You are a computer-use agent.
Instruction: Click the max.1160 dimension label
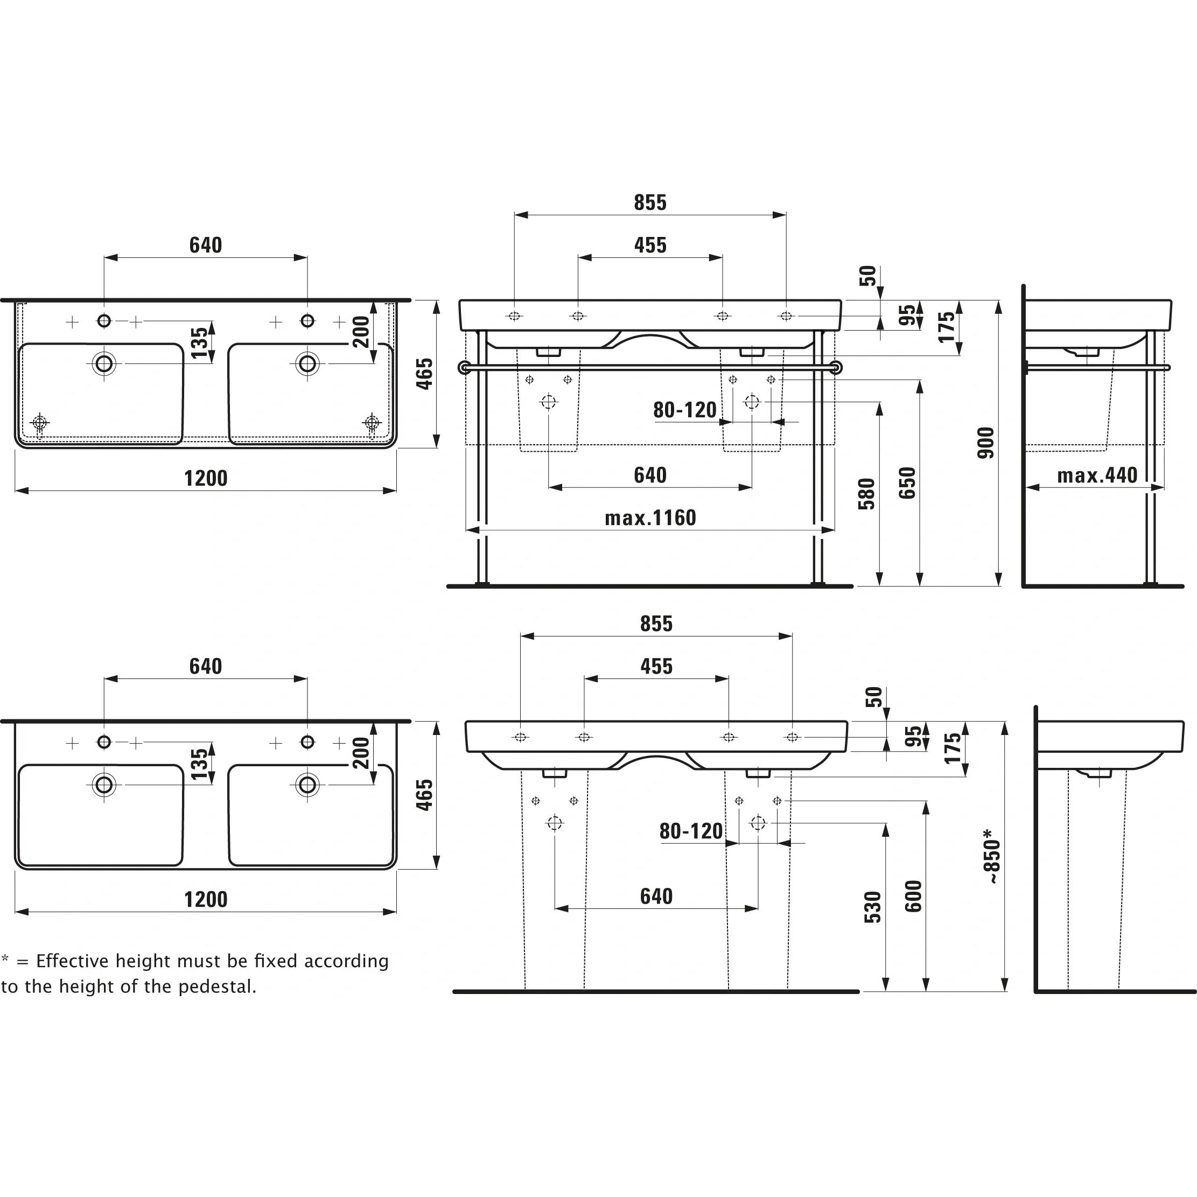(x=650, y=518)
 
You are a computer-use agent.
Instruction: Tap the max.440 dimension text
(x=1097, y=475)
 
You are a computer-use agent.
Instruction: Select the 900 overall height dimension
(x=985, y=443)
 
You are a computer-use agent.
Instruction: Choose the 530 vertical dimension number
(x=872, y=907)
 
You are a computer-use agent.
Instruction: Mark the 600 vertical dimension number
(x=913, y=897)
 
